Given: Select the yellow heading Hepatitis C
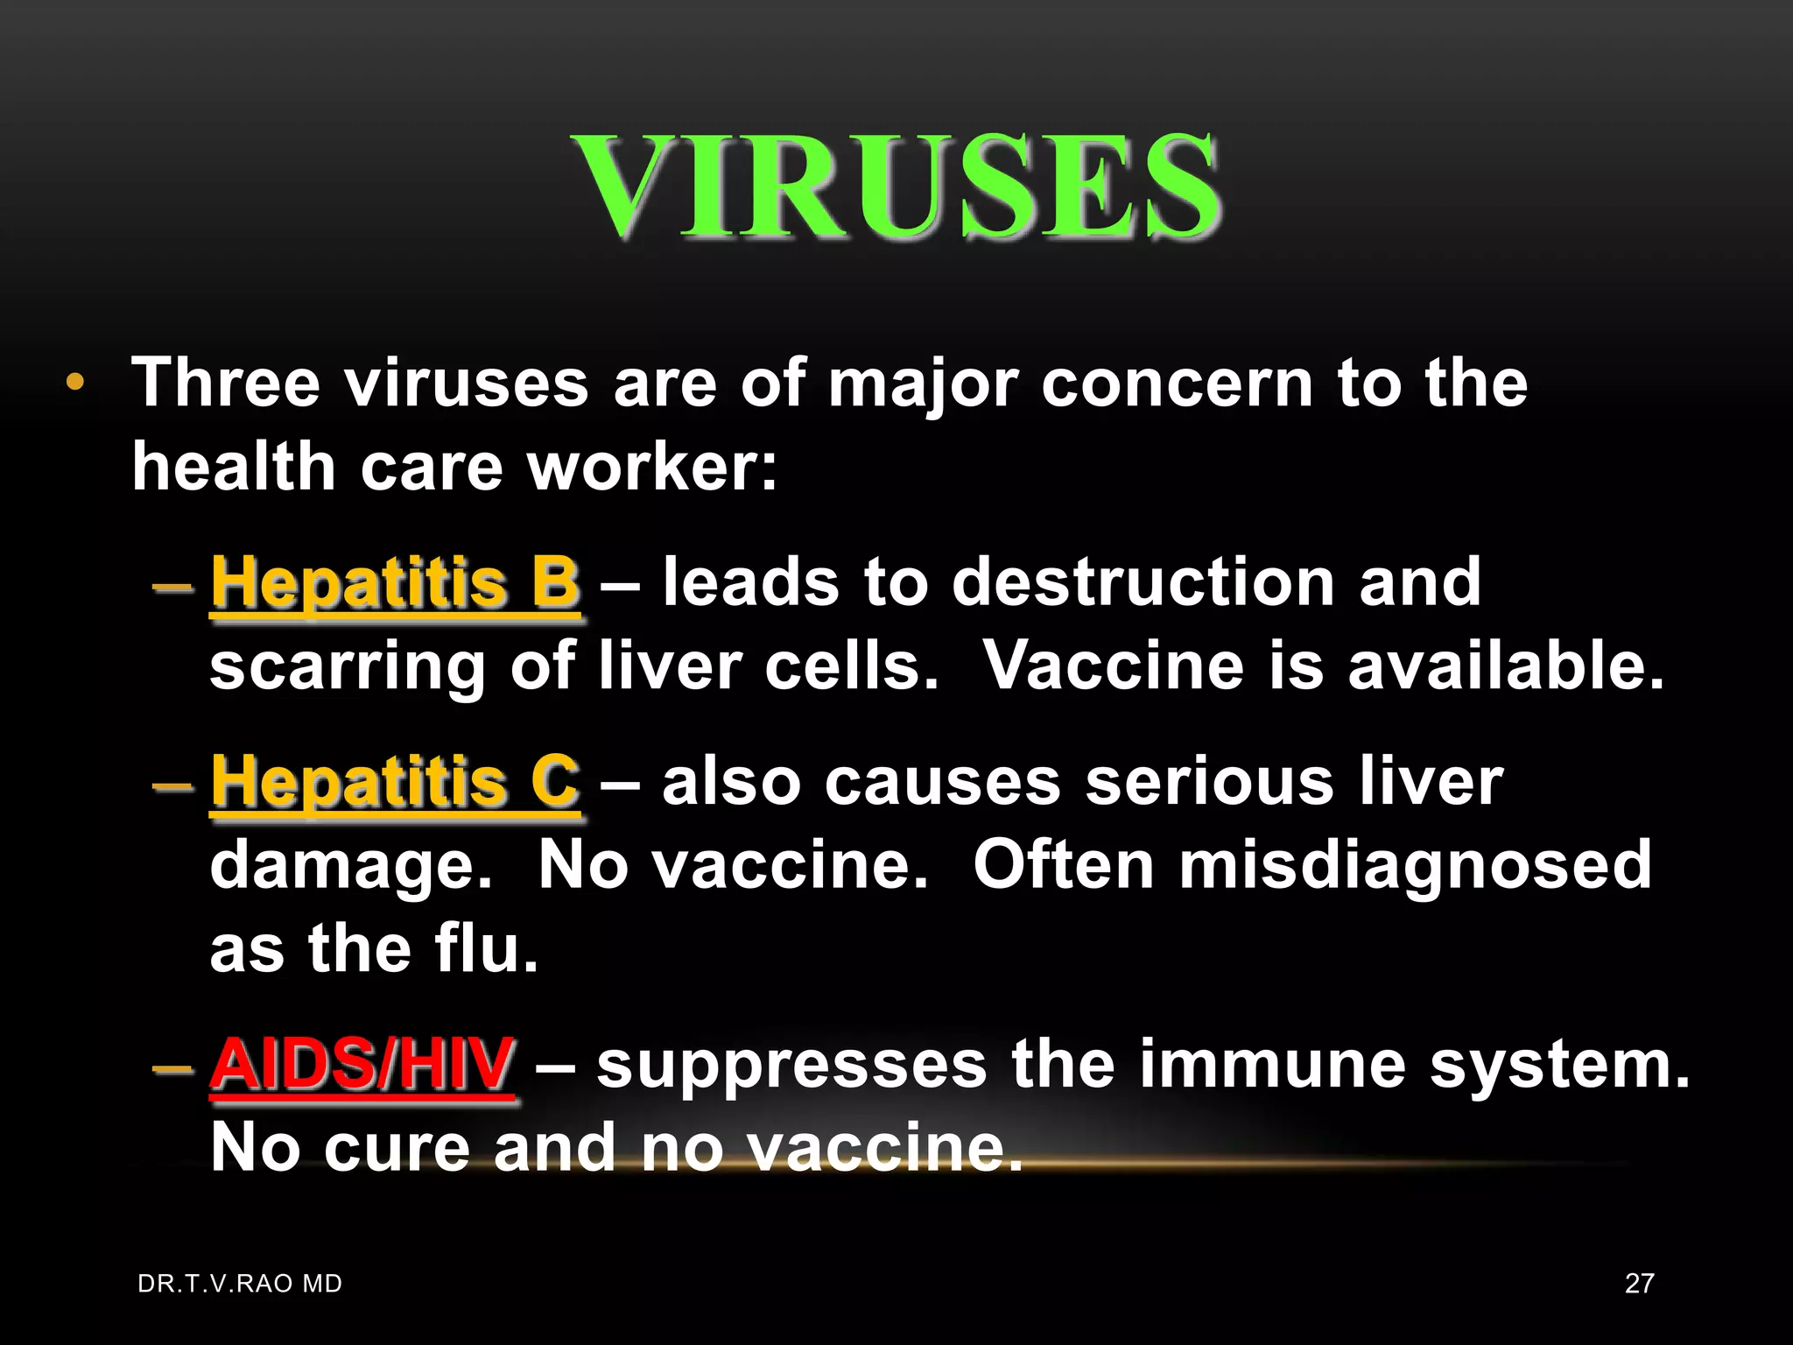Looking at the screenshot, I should [395, 781].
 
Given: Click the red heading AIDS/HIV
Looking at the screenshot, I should [362, 1065].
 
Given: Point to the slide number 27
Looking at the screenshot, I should [1639, 1284].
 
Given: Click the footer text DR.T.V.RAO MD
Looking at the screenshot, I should [240, 1284].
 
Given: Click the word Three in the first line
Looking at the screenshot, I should [225, 383].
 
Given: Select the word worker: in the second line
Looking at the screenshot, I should [652, 466].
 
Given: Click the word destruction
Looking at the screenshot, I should [1143, 582].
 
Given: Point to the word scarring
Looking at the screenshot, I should [348, 666].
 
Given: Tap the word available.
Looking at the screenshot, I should [1506, 666].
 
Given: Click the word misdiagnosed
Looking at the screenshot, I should [1415, 865].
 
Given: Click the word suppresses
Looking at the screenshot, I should [791, 1065].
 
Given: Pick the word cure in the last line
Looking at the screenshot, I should [397, 1148].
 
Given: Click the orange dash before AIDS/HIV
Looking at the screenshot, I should [172, 1068].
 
